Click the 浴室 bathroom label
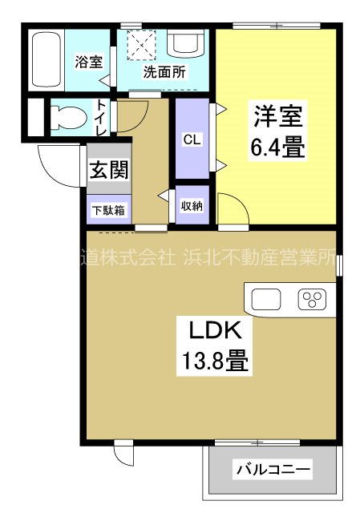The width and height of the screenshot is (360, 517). coord(89,62)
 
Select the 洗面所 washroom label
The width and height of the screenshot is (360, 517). coord(164,72)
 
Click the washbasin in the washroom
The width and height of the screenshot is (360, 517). coord(185,42)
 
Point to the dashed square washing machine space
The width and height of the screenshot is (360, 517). coord(141,45)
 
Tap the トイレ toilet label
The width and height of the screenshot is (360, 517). coord(102,118)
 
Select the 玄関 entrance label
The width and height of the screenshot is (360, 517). coord(108,170)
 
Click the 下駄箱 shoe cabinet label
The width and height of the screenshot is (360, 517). coord(108,210)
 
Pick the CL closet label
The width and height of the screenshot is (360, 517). coord(192,139)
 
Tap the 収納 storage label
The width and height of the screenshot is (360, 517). coord(192,206)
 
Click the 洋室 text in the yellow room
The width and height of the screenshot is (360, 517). coord(278,116)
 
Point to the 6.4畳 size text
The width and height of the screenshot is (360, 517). coord(277,147)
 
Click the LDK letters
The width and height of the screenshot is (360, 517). coord(215,330)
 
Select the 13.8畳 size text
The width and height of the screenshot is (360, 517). coord(215,361)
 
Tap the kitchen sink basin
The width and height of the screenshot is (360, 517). coord(266,300)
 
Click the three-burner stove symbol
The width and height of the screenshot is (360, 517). coord(312,299)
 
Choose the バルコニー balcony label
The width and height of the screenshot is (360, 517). coord(273,469)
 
